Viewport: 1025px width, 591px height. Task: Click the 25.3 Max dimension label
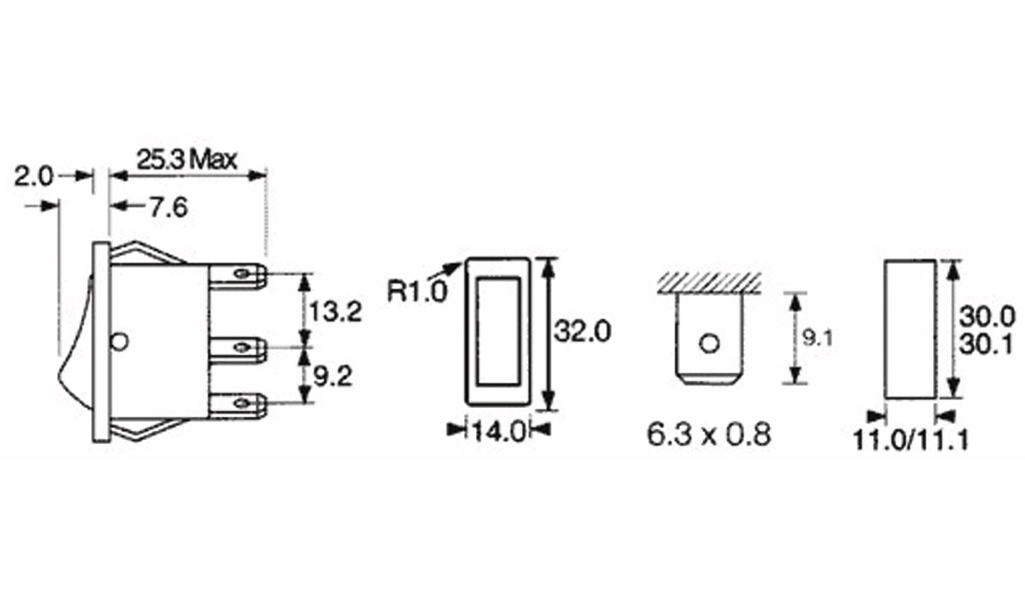[x=186, y=161]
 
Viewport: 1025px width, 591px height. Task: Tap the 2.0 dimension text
[x=33, y=177]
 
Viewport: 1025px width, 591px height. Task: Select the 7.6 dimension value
[x=169, y=207]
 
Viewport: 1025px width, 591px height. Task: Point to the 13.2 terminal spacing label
[x=335, y=312]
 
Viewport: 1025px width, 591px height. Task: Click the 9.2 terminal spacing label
[x=333, y=377]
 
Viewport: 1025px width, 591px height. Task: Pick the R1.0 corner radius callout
[x=417, y=291]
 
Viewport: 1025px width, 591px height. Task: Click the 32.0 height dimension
[x=582, y=331]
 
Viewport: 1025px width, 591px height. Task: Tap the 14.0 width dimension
[x=499, y=432]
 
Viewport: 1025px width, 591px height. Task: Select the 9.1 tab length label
[x=818, y=338]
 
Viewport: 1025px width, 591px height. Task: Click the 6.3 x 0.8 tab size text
[x=708, y=434]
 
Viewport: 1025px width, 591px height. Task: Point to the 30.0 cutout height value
[x=987, y=317]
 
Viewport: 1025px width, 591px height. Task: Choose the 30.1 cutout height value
[x=987, y=345]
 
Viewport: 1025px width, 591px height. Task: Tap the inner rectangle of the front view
[x=498, y=331]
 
